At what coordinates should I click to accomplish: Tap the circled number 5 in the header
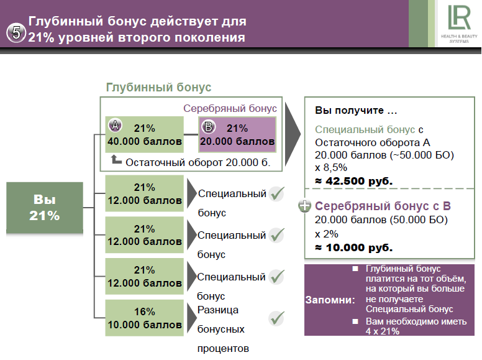(x=16, y=32)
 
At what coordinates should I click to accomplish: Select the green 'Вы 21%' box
(x=45, y=208)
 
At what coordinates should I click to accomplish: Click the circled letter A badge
(x=116, y=125)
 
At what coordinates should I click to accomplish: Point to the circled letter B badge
(x=209, y=126)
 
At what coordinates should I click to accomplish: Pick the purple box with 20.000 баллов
(x=237, y=134)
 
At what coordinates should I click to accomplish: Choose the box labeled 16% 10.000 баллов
(x=145, y=318)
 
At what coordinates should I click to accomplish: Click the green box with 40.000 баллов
(x=145, y=134)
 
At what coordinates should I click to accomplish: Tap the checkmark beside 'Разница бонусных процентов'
(x=276, y=318)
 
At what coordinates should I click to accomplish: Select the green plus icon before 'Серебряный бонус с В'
(x=304, y=206)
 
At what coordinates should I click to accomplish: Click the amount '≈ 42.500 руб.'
(x=354, y=181)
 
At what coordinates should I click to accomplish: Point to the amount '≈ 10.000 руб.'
(x=354, y=247)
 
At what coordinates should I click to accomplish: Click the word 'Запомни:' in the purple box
(x=330, y=300)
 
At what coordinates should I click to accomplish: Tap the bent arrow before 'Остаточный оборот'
(x=116, y=159)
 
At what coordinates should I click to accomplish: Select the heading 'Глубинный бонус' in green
(x=158, y=87)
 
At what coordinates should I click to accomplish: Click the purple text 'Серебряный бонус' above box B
(x=230, y=108)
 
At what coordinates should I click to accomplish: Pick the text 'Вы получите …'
(x=356, y=110)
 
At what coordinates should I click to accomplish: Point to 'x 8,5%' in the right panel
(x=331, y=167)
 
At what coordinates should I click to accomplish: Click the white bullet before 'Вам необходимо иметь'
(x=355, y=321)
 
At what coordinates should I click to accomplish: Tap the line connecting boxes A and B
(x=191, y=134)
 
